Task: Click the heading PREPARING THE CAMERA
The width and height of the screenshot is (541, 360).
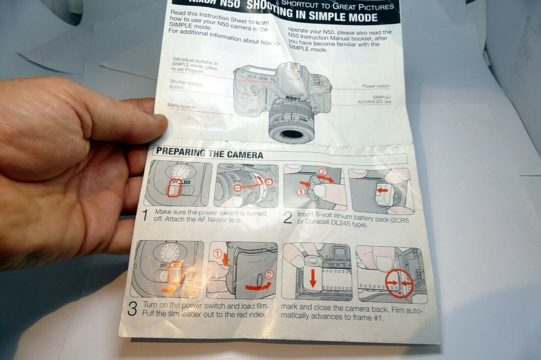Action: click(210, 154)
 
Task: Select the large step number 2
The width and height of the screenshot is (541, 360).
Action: click(287, 217)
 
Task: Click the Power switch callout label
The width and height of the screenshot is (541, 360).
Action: click(376, 86)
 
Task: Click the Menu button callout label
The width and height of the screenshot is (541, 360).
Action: click(181, 106)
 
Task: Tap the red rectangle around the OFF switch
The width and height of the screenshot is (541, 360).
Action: click(173, 187)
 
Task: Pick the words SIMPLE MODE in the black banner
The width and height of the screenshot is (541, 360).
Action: click(343, 17)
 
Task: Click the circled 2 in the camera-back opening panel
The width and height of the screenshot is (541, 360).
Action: click(270, 274)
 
